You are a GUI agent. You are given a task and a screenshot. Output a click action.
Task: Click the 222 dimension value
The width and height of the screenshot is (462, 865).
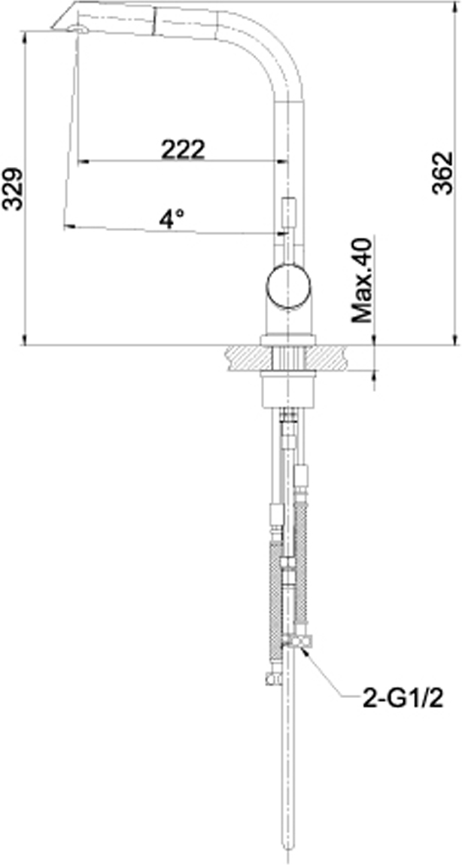click(x=183, y=149)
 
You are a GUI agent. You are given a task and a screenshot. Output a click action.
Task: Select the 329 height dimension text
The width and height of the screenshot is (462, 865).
click(x=13, y=189)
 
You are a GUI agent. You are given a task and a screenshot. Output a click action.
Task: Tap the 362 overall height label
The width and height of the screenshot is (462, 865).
click(x=442, y=173)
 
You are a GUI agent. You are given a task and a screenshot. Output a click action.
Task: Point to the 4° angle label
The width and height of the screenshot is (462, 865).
click(x=172, y=219)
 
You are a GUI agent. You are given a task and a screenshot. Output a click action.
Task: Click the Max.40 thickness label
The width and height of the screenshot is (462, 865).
click(x=363, y=281)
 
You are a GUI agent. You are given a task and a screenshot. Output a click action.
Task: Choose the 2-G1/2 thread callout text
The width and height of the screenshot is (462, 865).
click(x=403, y=699)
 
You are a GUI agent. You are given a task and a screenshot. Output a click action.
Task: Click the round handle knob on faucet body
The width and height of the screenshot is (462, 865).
click(x=289, y=287)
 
